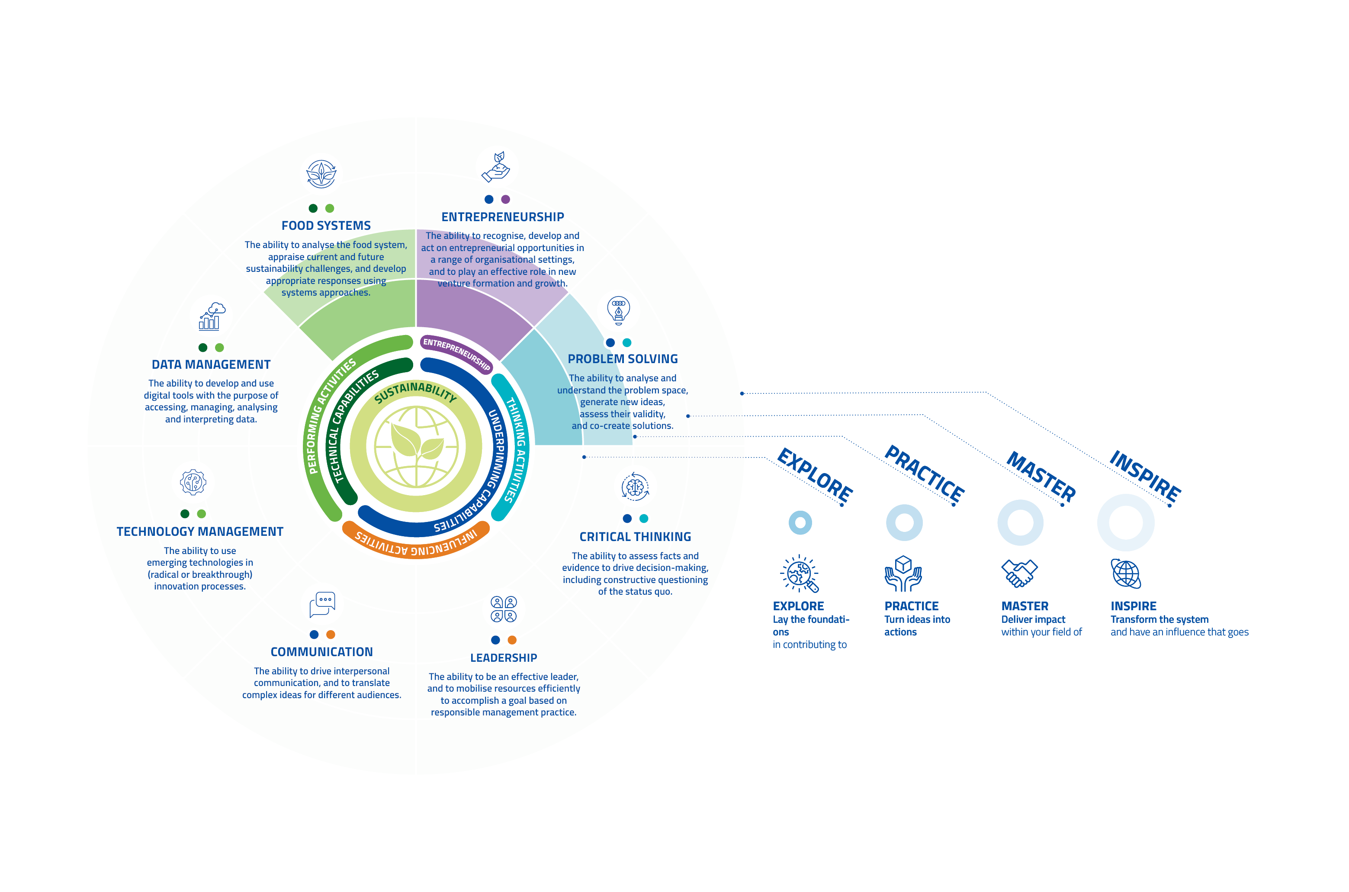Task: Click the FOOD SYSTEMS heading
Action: pyautogui.click(x=326, y=226)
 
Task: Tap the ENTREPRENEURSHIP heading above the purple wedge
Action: pyautogui.click(x=503, y=217)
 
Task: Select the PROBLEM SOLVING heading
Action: pyautogui.click(x=623, y=359)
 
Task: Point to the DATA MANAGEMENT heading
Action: pyautogui.click(x=211, y=365)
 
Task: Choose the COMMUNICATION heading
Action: pyautogui.click(x=322, y=652)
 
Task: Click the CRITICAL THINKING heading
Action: pyautogui.click(x=635, y=537)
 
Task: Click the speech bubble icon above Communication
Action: pyautogui.click(x=322, y=604)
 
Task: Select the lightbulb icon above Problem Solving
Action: pyautogui.click(x=619, y=310)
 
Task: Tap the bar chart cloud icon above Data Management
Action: pyautogui.click(x=212, y=316)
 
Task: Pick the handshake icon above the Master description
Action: pyautogui.click(x=1020, y=573)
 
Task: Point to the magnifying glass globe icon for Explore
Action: pyautogui.click(x=799, y=573)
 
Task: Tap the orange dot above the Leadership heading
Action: pyautogui.click(x=512, y=640)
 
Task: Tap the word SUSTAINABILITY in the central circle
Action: pyautogui.click(x=416, y=391)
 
